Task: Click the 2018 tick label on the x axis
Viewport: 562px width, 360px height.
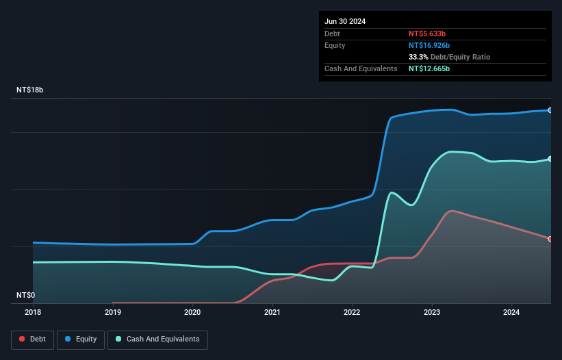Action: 33,313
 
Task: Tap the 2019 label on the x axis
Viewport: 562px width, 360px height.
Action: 113,313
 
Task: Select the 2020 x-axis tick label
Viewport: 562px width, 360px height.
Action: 192,313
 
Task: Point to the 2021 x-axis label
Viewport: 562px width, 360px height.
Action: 272,313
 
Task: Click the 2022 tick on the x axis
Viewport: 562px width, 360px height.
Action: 353,313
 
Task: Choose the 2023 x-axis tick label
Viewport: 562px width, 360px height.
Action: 432,313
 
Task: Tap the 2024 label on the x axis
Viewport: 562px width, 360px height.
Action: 512,313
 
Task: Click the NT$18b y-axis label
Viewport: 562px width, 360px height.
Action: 30,90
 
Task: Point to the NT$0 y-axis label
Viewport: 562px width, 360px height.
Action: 25,295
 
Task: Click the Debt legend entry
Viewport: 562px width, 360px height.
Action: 34,339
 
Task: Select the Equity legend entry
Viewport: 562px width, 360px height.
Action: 81,339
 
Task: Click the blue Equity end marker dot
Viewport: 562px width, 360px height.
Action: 550,110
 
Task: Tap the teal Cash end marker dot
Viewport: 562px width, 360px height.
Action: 550,159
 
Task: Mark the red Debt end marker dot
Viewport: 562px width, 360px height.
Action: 550,239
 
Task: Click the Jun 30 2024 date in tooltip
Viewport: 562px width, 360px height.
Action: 345,21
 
